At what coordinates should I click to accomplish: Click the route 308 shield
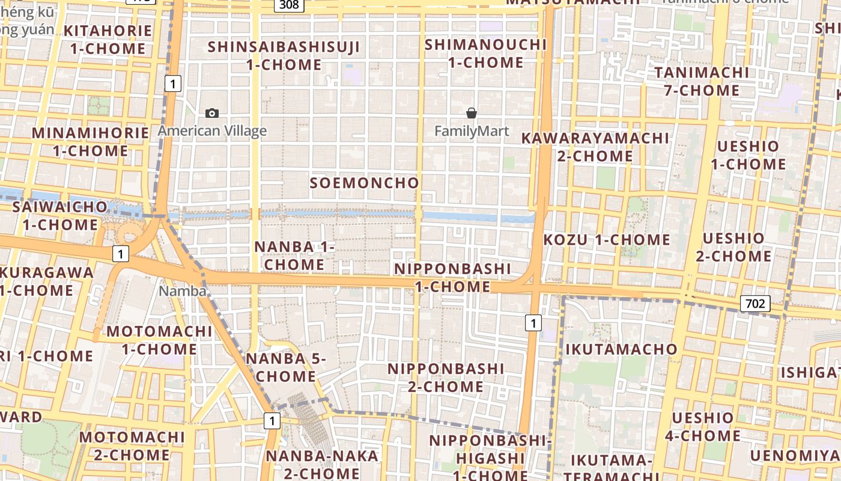point(289,5)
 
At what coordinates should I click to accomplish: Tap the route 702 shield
point(754,304)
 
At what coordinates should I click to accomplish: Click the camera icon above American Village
point(211,113)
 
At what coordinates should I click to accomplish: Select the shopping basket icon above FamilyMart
point(472,113)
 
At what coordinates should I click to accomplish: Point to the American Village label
point(212,130)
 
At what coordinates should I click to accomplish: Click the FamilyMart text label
point(472,130)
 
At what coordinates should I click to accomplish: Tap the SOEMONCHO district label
point(364,183)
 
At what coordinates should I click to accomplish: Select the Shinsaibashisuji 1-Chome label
point(284,55)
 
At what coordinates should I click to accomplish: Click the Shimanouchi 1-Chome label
point(486,53)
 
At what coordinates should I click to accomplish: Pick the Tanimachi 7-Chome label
point(702,81)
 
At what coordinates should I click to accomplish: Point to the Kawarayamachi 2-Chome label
point(595,147)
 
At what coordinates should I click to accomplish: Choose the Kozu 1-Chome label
point(607,240)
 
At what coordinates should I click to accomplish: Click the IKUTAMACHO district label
point(621,349)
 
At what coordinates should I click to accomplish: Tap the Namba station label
point(183,291)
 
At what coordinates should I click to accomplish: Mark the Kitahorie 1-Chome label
point(108,40)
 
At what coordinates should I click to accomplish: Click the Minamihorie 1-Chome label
point(91,141)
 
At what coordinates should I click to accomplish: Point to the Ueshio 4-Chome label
point(703,426)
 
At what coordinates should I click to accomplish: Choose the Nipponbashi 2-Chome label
point(446,377)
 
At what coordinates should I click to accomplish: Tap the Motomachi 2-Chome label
point(132,446)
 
